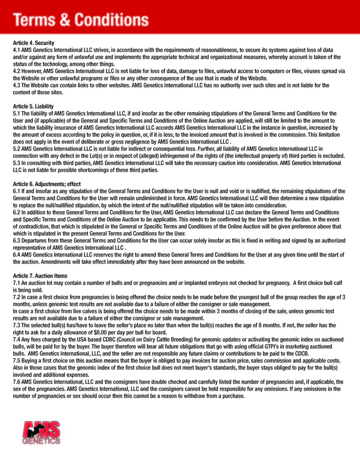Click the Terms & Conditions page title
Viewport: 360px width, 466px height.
(x=81, y=20)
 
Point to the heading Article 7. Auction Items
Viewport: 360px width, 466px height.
(x=41, y=276)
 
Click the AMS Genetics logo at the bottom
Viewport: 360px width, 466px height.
(x=41, y=433)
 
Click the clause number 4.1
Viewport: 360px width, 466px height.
(x=17, y=50)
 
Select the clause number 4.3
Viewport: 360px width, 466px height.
(x=17, y=85)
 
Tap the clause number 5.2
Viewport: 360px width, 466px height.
(x=17, y=149)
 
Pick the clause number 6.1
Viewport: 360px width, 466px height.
(x=17, y=191)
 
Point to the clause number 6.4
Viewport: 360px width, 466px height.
(x=17, y=254)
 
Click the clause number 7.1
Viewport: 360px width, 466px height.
(x=17, y=283)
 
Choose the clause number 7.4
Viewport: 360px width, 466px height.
(x=17, y=339)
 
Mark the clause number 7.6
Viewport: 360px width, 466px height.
(x=17, y=382)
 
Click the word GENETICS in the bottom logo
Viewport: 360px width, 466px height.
(x=41, y=441)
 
